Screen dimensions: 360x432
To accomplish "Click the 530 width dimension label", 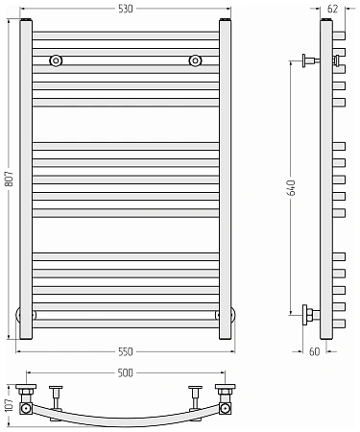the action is [125, 9].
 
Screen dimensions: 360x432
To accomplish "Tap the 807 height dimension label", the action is [10, 179].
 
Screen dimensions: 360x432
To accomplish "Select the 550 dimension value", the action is [125, 352].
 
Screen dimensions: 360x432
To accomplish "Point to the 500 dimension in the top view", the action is [125, 373].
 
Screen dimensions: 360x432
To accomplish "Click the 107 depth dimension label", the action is [10, 405].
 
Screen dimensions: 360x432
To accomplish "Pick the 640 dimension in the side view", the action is [291, 188].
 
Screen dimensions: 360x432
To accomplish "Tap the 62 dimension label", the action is [333, 9].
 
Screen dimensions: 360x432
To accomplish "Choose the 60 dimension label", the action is [315, 351].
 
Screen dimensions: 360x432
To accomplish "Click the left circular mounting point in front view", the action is [56, 60].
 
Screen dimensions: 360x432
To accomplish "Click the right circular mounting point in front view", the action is [195, 60].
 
